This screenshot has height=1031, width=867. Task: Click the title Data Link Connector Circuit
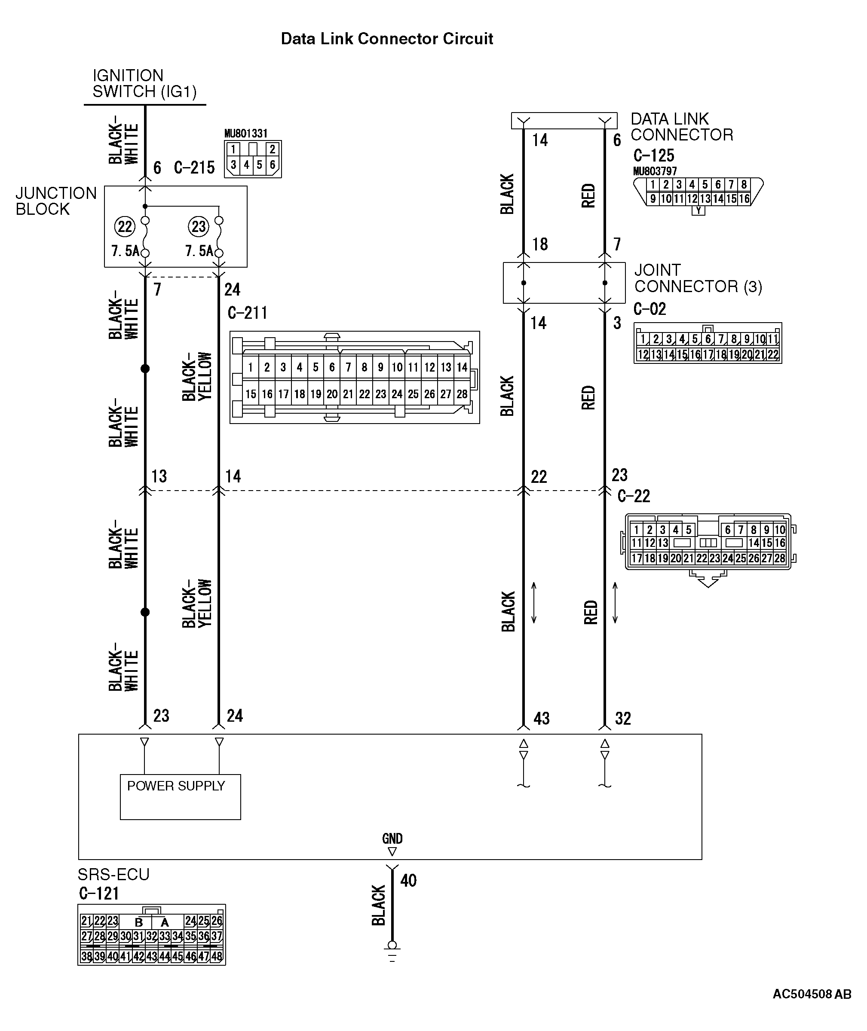[x=387, y=39]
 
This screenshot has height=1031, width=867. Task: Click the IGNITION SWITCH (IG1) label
[x=144, y=83]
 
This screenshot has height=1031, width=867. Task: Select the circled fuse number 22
[x=125, y=226]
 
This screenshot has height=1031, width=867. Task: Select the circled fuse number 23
[x=199, y=226]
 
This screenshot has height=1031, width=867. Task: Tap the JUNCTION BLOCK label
[x=55, y=201]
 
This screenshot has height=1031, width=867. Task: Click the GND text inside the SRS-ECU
[x=392, y=839]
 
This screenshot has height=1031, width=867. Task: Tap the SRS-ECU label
[x=113, y=874]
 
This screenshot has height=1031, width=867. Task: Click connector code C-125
[x=654, y=156]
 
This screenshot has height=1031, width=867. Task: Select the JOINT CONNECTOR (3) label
[x=698, y=278]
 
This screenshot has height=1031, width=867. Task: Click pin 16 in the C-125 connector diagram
[x=744, y=199]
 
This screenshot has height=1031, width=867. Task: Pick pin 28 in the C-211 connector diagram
[x=462, y=394]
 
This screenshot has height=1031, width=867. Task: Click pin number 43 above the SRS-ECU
[x=542, y=719]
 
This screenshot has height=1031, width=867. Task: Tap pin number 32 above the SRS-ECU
[x=623, y=719]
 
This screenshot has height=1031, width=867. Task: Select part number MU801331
[x=246, y=134]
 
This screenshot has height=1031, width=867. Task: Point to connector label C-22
[x=634, y=496]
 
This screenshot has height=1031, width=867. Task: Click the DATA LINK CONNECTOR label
[x=681, y=127]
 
